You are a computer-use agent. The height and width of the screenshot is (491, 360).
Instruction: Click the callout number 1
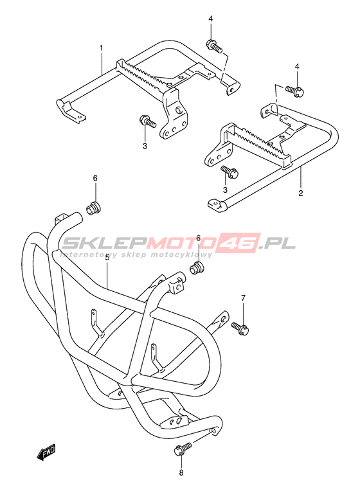pos(101,48)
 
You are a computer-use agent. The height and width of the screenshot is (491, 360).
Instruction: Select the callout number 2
pos(300,193)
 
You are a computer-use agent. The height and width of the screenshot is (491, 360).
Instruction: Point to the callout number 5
pos(107,258)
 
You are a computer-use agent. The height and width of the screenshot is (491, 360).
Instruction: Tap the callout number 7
pos(243,298)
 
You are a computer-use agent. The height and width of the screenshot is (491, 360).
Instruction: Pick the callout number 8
pos(181,473)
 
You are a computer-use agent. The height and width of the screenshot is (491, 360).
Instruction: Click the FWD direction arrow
pos(46,452)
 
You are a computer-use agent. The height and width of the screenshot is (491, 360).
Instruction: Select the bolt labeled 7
pos(240,328)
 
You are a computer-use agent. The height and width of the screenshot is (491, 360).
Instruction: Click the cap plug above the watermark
pos(93,209)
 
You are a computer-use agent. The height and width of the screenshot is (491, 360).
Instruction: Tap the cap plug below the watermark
pos(197,269)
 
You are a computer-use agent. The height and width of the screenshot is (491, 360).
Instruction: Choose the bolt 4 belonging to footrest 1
pos(214,46)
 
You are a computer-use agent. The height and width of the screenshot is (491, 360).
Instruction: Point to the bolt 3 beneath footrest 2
pos(230,172)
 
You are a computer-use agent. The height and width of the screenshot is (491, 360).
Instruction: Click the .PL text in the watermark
pos(278,243)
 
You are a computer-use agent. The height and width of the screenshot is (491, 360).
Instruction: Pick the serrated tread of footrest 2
pos(261,143)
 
